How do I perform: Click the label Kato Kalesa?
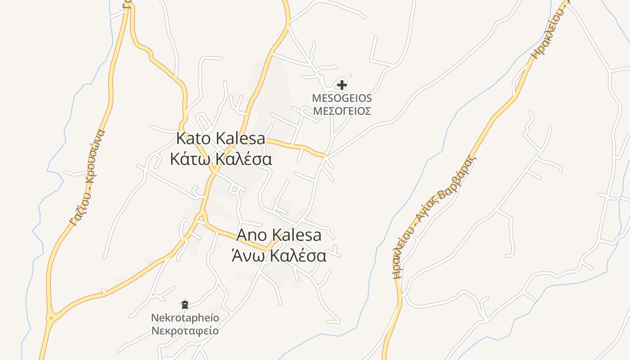coord(220,139)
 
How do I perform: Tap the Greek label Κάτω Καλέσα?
coord(220,159)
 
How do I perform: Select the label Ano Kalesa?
coord(279,235)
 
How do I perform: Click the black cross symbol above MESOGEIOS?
coord(342,85)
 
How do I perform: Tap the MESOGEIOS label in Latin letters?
coord(342,98)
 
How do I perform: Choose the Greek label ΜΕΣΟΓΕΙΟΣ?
coord(342,111)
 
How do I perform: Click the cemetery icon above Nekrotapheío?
coord(184,305)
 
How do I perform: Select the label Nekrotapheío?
coord(185,318)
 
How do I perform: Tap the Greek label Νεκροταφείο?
coord(185,331)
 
